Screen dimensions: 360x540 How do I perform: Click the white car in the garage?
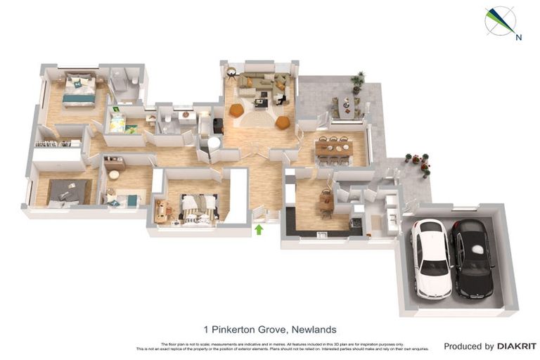pos(430,257)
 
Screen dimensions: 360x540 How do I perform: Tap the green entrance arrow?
pos(259,229)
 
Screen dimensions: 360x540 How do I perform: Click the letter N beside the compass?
pos(518,38)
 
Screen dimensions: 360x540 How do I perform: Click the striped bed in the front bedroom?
pos(197,209)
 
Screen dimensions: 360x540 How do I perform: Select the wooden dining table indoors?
pos(333,148)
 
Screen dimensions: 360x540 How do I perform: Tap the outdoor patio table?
pos(346,106)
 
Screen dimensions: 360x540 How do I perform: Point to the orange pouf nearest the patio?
pos(282,122)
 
